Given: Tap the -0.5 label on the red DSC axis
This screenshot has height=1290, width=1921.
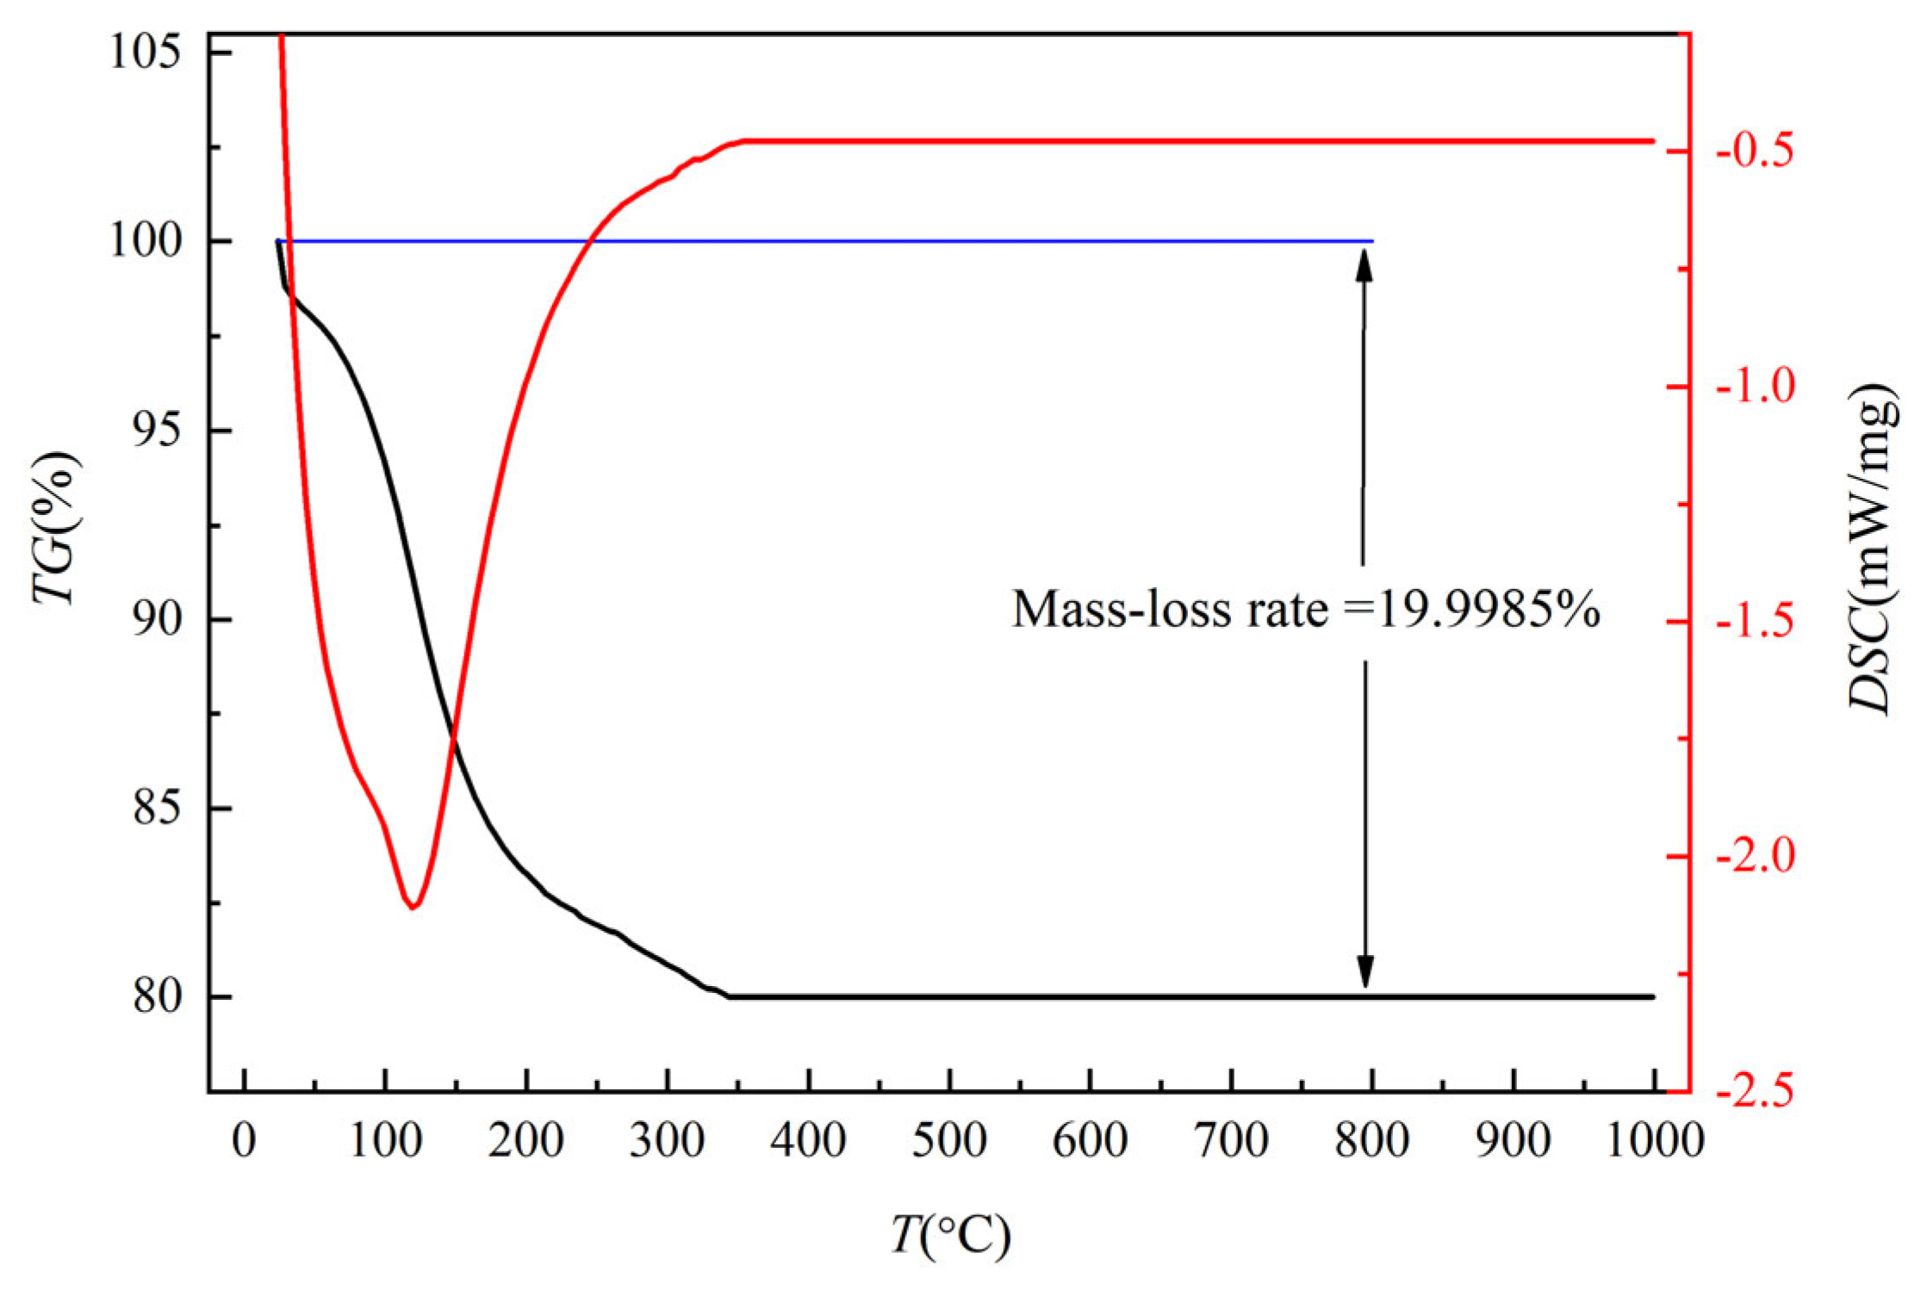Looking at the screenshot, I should point(1755,150).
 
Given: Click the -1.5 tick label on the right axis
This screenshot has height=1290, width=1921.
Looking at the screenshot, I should point(1755,621).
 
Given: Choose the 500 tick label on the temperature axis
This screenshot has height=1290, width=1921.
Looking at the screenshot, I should point(949,1140).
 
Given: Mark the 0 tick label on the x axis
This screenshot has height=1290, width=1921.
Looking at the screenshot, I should point(245,1140).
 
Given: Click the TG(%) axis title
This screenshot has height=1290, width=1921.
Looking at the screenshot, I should point(57,527).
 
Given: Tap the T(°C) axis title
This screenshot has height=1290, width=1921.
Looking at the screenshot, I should point(949,1236).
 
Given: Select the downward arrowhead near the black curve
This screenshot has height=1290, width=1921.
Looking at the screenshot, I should point(1365,972).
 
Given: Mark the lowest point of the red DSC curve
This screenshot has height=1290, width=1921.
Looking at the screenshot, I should point(413,907).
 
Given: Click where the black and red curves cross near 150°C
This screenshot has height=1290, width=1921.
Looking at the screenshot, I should point(453,735).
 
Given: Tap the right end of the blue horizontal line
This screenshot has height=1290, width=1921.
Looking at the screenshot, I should point(1371,241).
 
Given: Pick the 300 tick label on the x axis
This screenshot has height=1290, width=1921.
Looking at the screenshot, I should point(667,1140).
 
